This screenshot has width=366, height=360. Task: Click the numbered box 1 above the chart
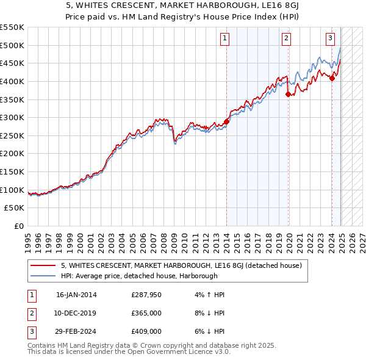[224, 38]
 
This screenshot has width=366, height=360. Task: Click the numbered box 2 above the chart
[286, 38]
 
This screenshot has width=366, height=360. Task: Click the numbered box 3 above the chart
[330, 38]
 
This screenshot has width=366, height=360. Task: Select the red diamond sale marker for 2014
[226, 121]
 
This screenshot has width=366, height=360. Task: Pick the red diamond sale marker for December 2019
[288, 93]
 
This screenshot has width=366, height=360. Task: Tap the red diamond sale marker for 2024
[332, 77]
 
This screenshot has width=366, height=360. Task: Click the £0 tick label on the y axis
[18, 226]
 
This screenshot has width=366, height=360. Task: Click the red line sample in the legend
[43, 265]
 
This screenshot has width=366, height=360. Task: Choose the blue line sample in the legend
[43, 276]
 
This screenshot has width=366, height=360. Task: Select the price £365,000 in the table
[147, 314]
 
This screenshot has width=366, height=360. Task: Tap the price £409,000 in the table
[147, 332]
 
